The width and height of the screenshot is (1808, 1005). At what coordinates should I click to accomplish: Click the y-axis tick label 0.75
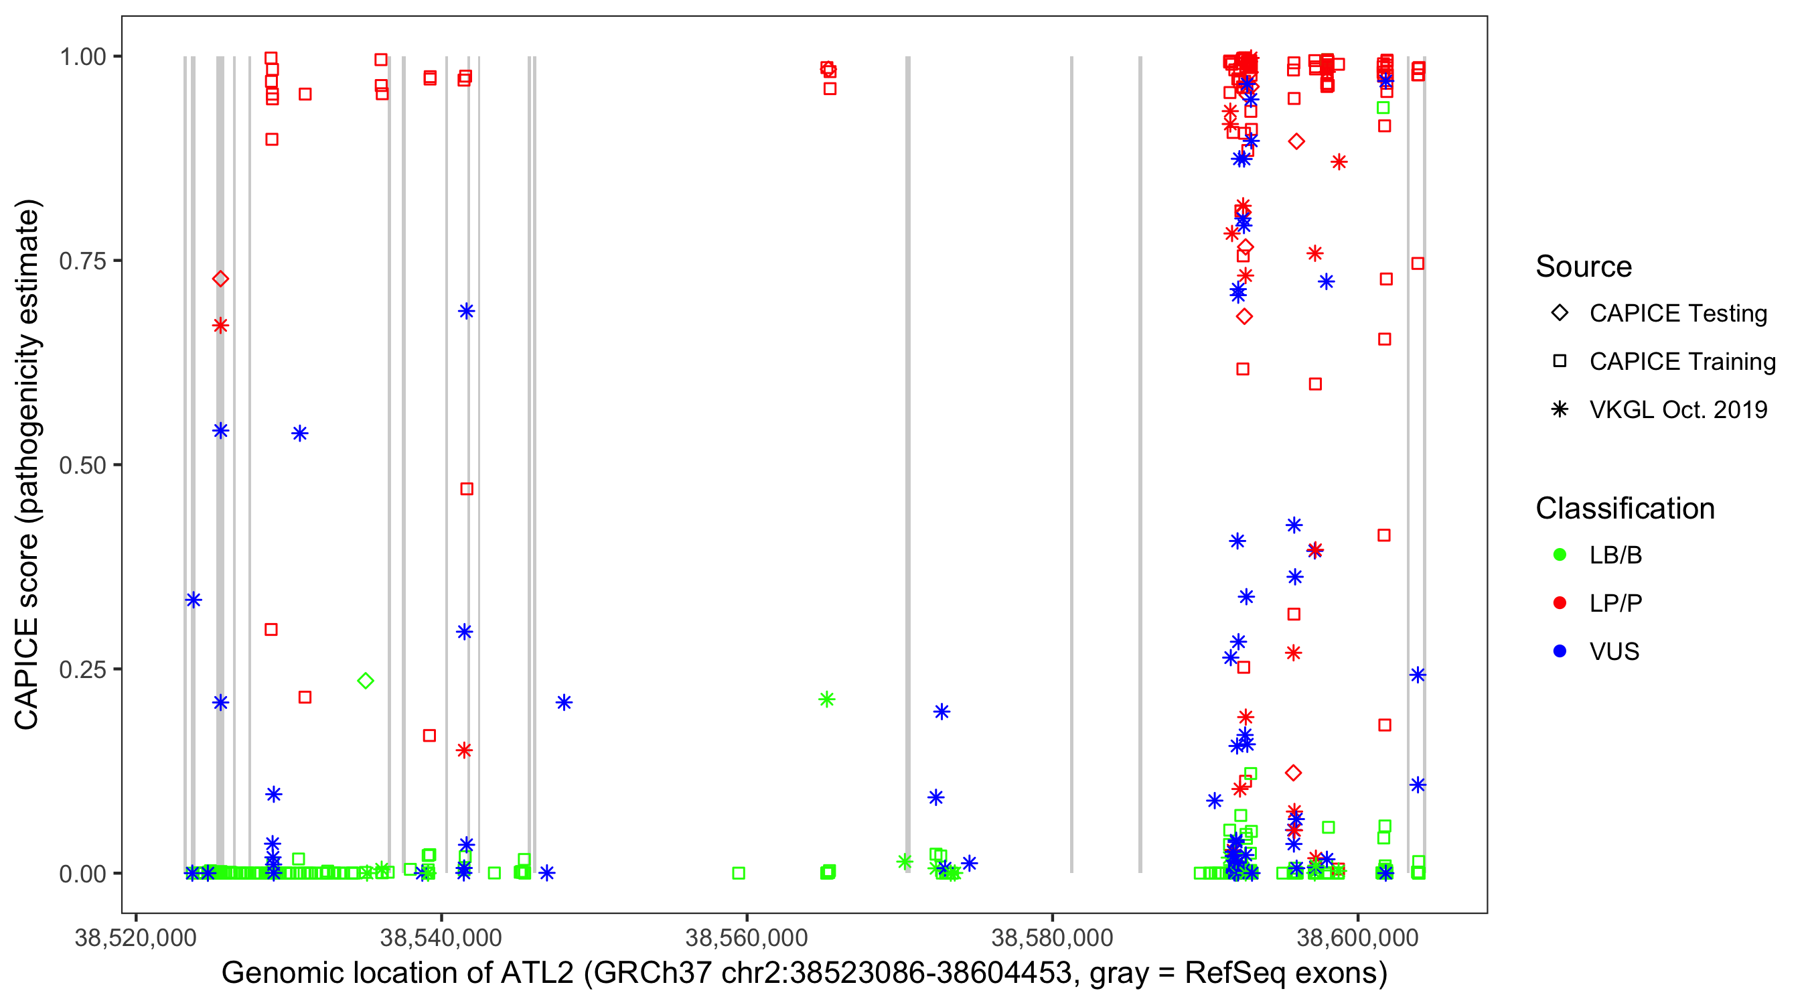coord(82,261)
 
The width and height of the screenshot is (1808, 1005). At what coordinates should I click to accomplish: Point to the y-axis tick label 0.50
coord(82,466)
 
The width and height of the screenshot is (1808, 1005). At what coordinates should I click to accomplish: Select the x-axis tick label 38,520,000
coord(135,938)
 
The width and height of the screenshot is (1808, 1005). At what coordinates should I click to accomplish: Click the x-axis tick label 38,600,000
coord(1357,938)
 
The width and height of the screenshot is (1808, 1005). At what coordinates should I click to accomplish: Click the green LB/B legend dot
coord(1560,555)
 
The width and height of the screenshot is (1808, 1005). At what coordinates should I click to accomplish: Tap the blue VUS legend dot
coord(1560,652)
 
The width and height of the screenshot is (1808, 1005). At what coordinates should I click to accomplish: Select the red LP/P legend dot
coord(1560,603)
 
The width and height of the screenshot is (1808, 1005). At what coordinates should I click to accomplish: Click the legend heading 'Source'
coord(1584,267)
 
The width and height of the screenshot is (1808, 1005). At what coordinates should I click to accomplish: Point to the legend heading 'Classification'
coord(1625,509)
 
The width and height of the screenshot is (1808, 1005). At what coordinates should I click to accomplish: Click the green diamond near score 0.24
coord(366,681)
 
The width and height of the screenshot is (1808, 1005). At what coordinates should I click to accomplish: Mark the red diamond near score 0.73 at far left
coord(220,279)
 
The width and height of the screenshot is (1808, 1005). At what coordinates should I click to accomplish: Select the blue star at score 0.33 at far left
coord(194,600)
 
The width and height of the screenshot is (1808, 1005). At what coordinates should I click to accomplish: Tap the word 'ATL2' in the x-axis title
coord(537,974)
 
